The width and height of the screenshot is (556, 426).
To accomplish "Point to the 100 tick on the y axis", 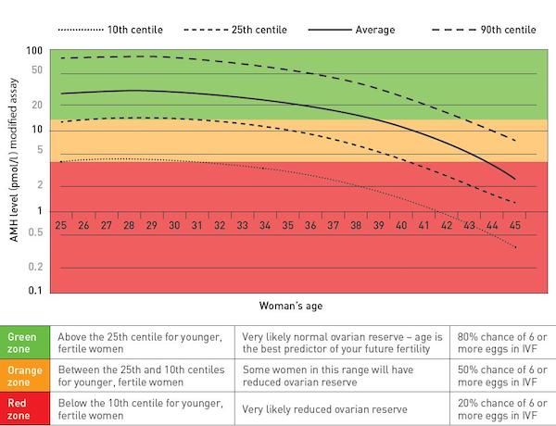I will tap(35, 51).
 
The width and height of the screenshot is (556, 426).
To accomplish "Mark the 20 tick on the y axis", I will tap(37, 105).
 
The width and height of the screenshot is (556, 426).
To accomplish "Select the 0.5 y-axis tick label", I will tap(37, 232).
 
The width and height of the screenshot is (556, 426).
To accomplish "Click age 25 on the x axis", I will tap(61, 225).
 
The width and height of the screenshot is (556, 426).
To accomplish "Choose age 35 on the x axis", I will tap(287, 225).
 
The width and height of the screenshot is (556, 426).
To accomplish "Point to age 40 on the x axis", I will tap(400, 225).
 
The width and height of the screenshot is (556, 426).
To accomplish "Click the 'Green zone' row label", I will tap(24, 343).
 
